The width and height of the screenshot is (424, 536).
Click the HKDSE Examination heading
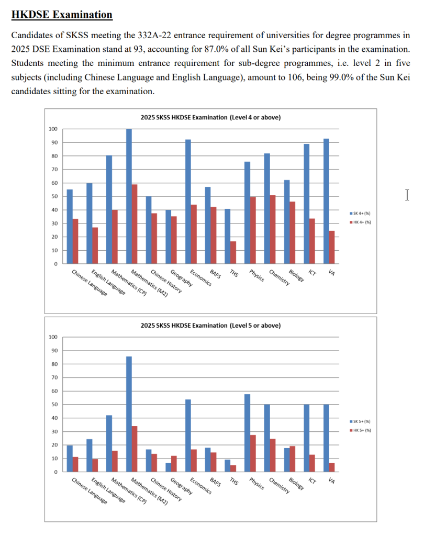pos(62,15)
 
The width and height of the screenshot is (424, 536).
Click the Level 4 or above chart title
pos(210,118)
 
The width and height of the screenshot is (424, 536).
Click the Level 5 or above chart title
pos(210,326)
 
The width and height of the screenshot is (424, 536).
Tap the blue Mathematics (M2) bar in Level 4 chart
pos(129,196)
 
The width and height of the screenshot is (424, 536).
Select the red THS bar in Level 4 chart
pos(233,252)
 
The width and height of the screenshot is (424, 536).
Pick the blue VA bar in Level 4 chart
pos(326,202)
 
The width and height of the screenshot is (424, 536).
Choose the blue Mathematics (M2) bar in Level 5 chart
pos(129,414)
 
